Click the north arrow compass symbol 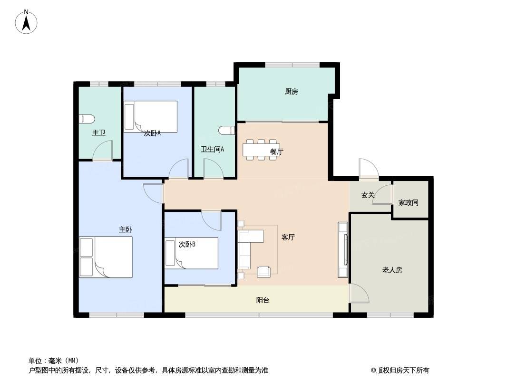tap(26, 22)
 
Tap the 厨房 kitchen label tap(292, 91)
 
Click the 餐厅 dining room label tap(276, 151)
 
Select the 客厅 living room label tap(288, 237)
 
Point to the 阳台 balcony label tap(263, 300)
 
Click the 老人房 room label tap(392, 270)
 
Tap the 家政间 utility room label tap(408, 202)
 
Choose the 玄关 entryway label tap(368, 195)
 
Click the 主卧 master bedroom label tap(125, 229)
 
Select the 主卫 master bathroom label tap(99, 133)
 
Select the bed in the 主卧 tap(106, 257)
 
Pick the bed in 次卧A tap(150, 116)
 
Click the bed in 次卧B tap(191, 253)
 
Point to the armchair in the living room tap(264, 272)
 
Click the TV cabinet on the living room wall tap(343, 249)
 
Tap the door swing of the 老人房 tap(360, 293)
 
